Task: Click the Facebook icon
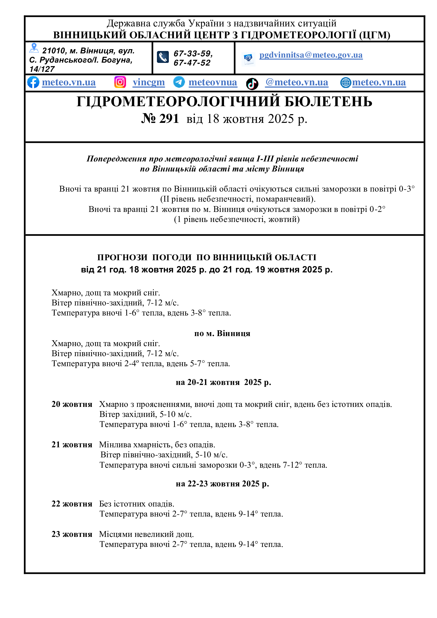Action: click(x=33, y=82)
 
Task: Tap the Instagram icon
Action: click(x=120, y=82)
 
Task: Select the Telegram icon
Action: click(x=179, y=82)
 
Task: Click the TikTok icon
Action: click(x=252, y=84)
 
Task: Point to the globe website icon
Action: click(x=346, y=83)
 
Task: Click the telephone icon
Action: click(x=163, y=57)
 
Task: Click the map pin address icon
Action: click(x=34, y=48)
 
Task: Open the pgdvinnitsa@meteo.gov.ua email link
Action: click(x=311, y=55)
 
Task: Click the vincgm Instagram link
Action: click(x=148, y=82)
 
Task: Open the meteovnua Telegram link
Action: click(x=213, y=82)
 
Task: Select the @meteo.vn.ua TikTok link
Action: click(x=296, y=82)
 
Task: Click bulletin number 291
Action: click(x=160, y=119)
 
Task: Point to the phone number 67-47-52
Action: click(x=192, y=63)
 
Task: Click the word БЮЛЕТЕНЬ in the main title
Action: click(x=328, y=102)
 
